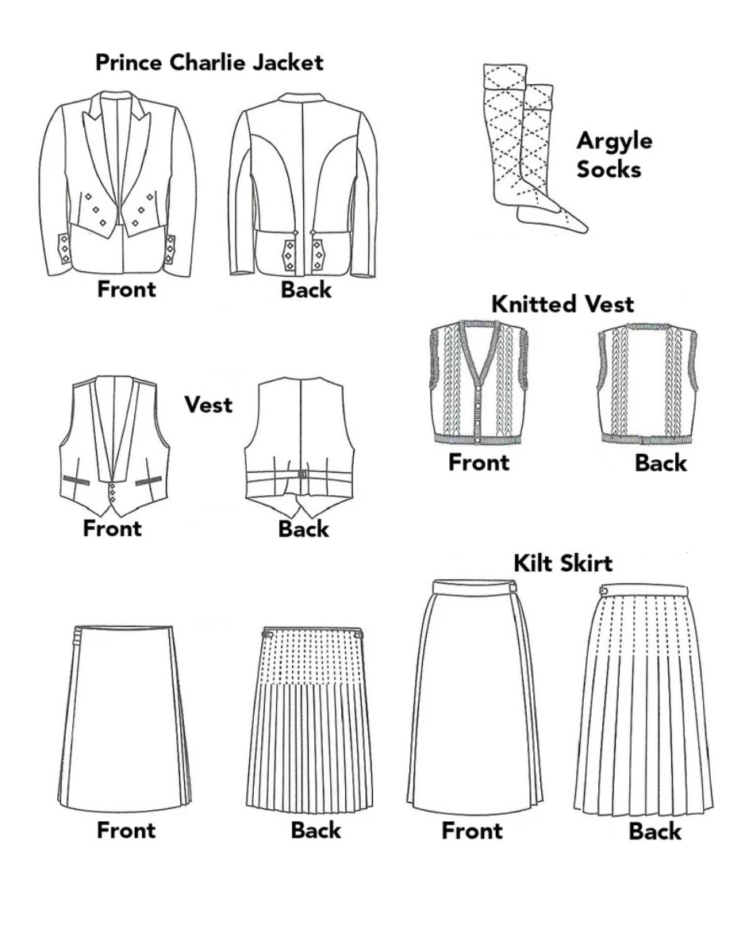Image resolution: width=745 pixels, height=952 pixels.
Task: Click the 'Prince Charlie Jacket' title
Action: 209,63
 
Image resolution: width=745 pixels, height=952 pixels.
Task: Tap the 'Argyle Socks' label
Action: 614,155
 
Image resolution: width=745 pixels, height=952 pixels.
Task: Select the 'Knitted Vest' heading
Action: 563,304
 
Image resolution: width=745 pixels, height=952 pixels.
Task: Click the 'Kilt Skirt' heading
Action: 563,563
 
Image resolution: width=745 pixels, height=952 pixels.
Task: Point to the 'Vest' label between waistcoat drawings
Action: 209,405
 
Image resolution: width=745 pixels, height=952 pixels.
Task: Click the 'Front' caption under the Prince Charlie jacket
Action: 127,289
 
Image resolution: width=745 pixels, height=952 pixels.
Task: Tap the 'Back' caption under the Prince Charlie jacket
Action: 305,290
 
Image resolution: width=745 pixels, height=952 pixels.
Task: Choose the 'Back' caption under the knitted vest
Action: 660,463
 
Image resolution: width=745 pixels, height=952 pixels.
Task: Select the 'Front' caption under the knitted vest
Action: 478,462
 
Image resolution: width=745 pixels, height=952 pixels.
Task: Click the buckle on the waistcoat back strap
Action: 301,474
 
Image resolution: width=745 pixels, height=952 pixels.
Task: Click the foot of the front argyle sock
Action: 555,215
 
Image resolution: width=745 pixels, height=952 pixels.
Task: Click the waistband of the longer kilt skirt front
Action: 472,587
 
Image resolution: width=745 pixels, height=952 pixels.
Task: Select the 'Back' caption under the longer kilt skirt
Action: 655,831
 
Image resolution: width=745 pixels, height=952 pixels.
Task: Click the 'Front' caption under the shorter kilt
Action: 127,831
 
